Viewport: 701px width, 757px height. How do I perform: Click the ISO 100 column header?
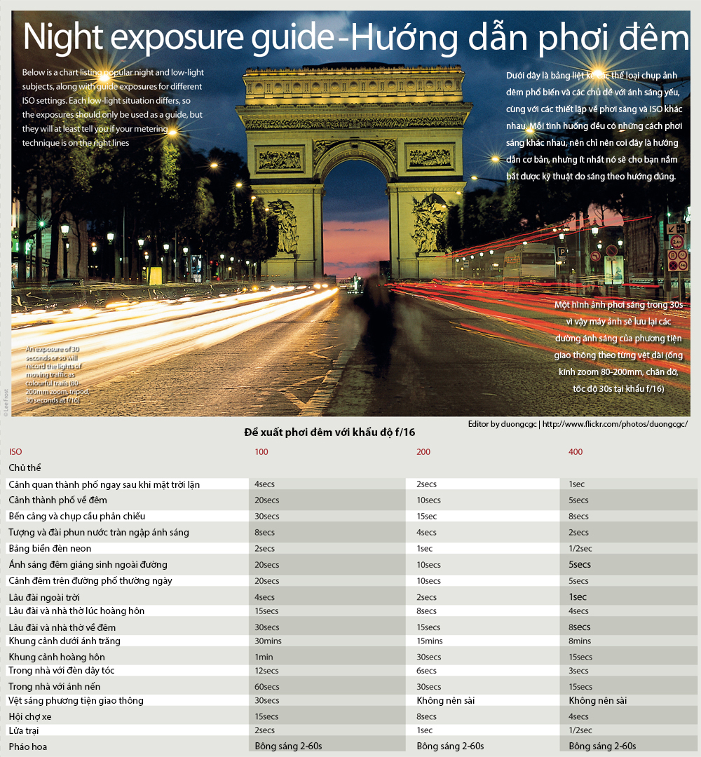pyautogui.click(x=261, y=452)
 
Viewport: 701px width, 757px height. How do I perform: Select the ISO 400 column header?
pyautogui.click(x=575, y=452)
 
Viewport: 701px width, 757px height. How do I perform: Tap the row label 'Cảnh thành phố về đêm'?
pyautogui.click(x=57, y=500)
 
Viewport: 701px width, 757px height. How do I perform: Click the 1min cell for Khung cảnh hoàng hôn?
pyautogui.click(x=264, y=657)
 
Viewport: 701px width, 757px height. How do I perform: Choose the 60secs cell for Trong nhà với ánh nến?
pyautogui.click(x=266, y=687)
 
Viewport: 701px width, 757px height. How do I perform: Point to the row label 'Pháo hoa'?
pyautogui.click(x=28, y=746)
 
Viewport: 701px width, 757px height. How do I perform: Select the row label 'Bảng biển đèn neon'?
pyautogui.click(x=50, y=549)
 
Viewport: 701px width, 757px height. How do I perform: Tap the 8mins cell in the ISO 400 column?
pyautogui.click(x=580, y=641)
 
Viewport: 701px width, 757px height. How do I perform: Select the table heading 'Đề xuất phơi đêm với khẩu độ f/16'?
pyautogui.click(x=329, y=432)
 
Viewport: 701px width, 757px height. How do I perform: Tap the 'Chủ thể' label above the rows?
pyautogui.click(x=25, y=468)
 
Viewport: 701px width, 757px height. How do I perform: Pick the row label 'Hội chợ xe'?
pyautogui.click(x=30, y=716)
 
